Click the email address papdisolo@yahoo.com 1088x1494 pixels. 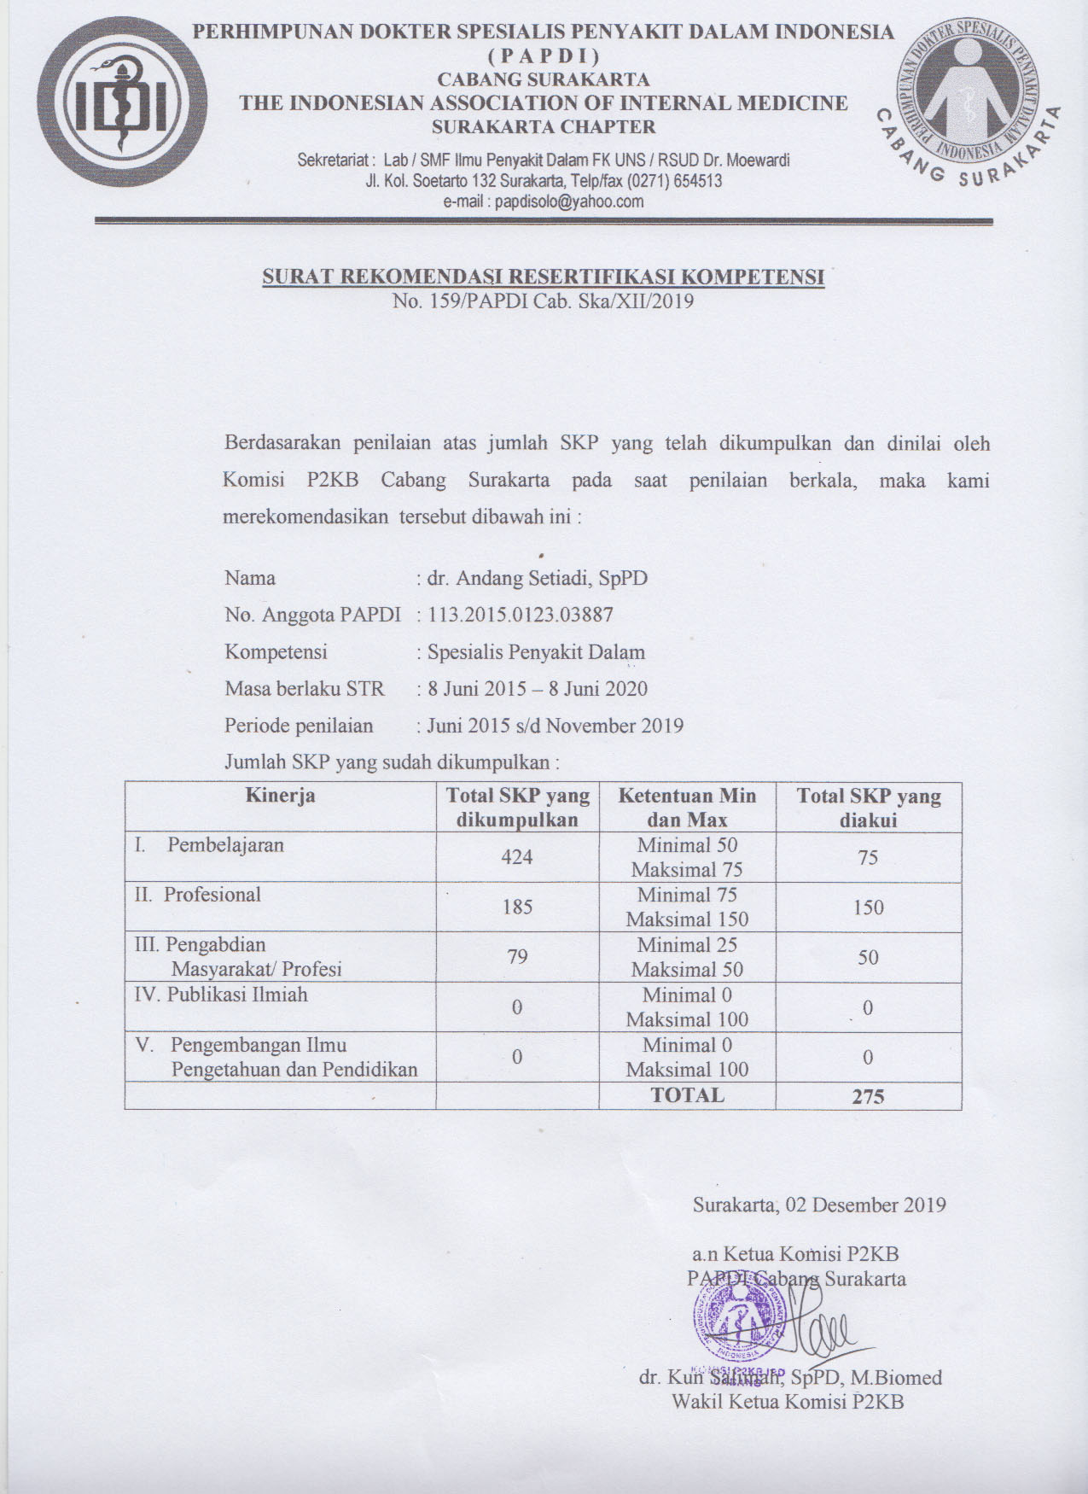pos(569,201)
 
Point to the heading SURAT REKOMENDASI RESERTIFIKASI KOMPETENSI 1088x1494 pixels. pos(543,277)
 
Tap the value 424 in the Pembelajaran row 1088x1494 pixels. pos(517,857)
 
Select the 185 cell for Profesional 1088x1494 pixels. pos(517,907)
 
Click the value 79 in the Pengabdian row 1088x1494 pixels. pos(517,956)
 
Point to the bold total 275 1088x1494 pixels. pos(868,1097)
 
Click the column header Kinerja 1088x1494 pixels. pos(280,796)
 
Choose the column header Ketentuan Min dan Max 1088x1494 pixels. pos(687,808)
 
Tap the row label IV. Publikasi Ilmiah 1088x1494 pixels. pos(221,995)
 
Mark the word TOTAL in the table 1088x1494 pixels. pos(687,1095)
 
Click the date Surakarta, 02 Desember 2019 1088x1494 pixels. pos(819,1205)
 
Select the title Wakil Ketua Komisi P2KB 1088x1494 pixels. pos(787,1401)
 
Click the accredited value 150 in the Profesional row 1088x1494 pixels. pos(868,907)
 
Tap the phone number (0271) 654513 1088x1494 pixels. pos(674,181)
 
